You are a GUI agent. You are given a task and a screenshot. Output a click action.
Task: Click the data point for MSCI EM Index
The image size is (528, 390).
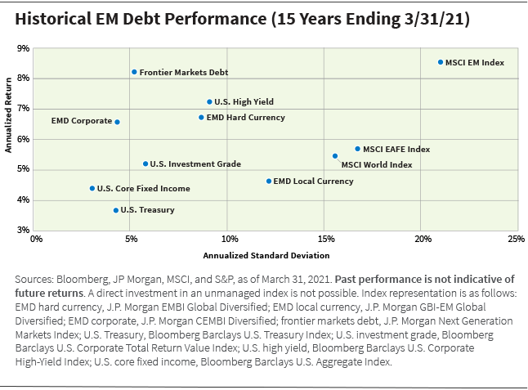(441, 62)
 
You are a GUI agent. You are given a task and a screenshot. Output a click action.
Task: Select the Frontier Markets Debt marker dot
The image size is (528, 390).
(134, 72)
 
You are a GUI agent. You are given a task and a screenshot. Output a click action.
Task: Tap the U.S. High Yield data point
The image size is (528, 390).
(209, 102)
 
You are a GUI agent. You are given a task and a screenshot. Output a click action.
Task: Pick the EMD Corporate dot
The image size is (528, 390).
(117, 122)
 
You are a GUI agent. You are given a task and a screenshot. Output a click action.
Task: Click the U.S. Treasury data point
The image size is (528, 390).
(116, 210)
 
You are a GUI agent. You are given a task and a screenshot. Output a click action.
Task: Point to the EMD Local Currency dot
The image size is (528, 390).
(269, 181)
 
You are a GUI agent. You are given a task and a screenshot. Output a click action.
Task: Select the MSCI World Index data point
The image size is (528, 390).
(335, 155)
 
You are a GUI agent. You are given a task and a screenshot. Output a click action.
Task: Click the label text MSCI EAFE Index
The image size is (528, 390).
(396, 150)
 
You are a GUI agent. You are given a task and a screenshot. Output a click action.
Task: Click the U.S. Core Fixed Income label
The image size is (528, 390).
(143, 189)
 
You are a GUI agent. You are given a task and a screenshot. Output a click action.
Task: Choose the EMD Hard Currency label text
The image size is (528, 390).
(245, 118)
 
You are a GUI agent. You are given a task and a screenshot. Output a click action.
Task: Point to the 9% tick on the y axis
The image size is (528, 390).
(24, 49)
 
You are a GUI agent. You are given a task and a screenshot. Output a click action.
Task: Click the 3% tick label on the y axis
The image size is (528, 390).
(24, 231)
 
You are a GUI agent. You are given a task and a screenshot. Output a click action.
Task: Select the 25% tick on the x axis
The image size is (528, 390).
(515, 240)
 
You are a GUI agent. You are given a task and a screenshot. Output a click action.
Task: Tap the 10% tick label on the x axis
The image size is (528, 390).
(230, 240)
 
